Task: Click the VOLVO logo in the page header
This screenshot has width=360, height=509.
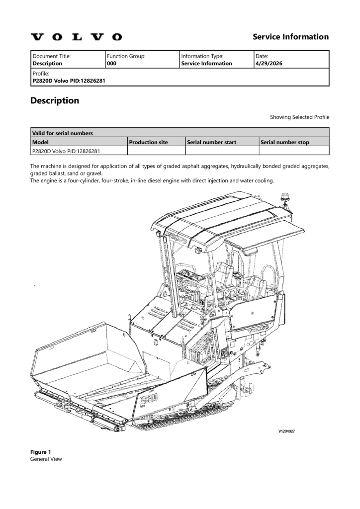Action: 76,37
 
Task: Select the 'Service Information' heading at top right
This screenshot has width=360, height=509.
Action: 290,37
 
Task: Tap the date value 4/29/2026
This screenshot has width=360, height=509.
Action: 269,63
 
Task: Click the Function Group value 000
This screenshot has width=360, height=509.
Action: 111,63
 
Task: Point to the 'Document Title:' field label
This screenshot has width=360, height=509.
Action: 51,56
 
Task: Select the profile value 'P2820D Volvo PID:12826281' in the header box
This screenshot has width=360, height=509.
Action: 69,81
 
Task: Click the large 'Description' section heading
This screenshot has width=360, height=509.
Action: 55,100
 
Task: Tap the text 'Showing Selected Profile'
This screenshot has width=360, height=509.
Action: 300,117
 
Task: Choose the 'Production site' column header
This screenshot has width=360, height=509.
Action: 148,142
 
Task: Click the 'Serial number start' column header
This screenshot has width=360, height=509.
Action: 212,142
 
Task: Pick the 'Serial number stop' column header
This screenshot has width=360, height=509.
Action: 285,142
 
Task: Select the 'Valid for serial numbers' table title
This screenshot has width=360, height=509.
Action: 62,133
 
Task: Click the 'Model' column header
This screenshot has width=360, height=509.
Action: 40,142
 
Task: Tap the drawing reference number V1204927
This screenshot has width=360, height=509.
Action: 286,431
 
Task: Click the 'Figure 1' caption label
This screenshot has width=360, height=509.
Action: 41,452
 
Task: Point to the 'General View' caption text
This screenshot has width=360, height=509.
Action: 46,459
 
